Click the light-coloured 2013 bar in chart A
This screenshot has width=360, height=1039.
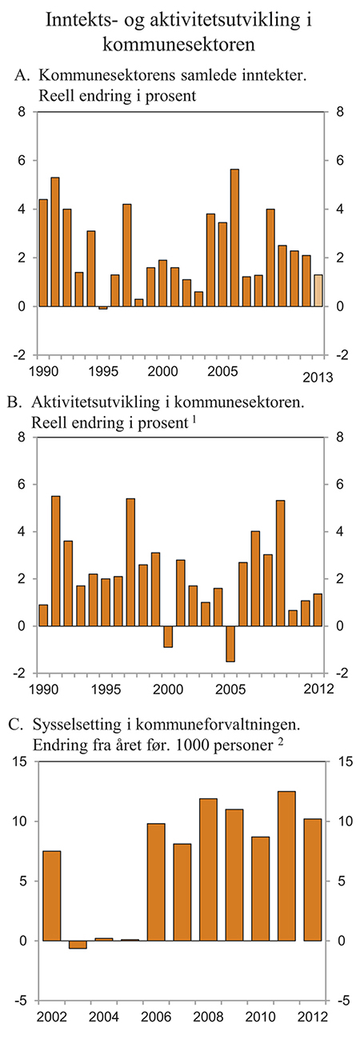(318, 290)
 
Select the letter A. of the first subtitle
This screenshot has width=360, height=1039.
(22, 76)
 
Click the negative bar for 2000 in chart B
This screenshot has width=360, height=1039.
(168, 636)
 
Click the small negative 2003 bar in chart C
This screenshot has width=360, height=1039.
(78, 944)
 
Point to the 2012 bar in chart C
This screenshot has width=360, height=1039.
(313, 879)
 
